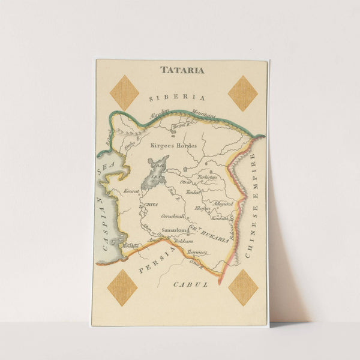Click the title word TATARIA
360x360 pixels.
pyautogui.click(x=182, y=70)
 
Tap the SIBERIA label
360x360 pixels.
pyautogui.click(x=177, y=97)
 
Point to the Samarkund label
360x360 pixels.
pyautogui.click(x=175, y=229)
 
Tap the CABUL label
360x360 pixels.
pyautogui.click(x=190, y=284)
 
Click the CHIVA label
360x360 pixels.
pyautogui.click(x=151, y=205)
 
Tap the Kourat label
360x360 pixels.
pyautogui.click(x=131, y=191)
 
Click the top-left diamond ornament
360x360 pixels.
pyautogui.click(x=125, y=92)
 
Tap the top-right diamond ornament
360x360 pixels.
pyautogui.click(x=242, y=93)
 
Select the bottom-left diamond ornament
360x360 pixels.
pyautogui.click(x=122, y=287)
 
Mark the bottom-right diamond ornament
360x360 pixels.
pyautogui.click(x=243, y=287)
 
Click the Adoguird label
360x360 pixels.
pyautogui.click(x=223, y=203)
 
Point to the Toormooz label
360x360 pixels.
pyautogui.click(x=196, y=253)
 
